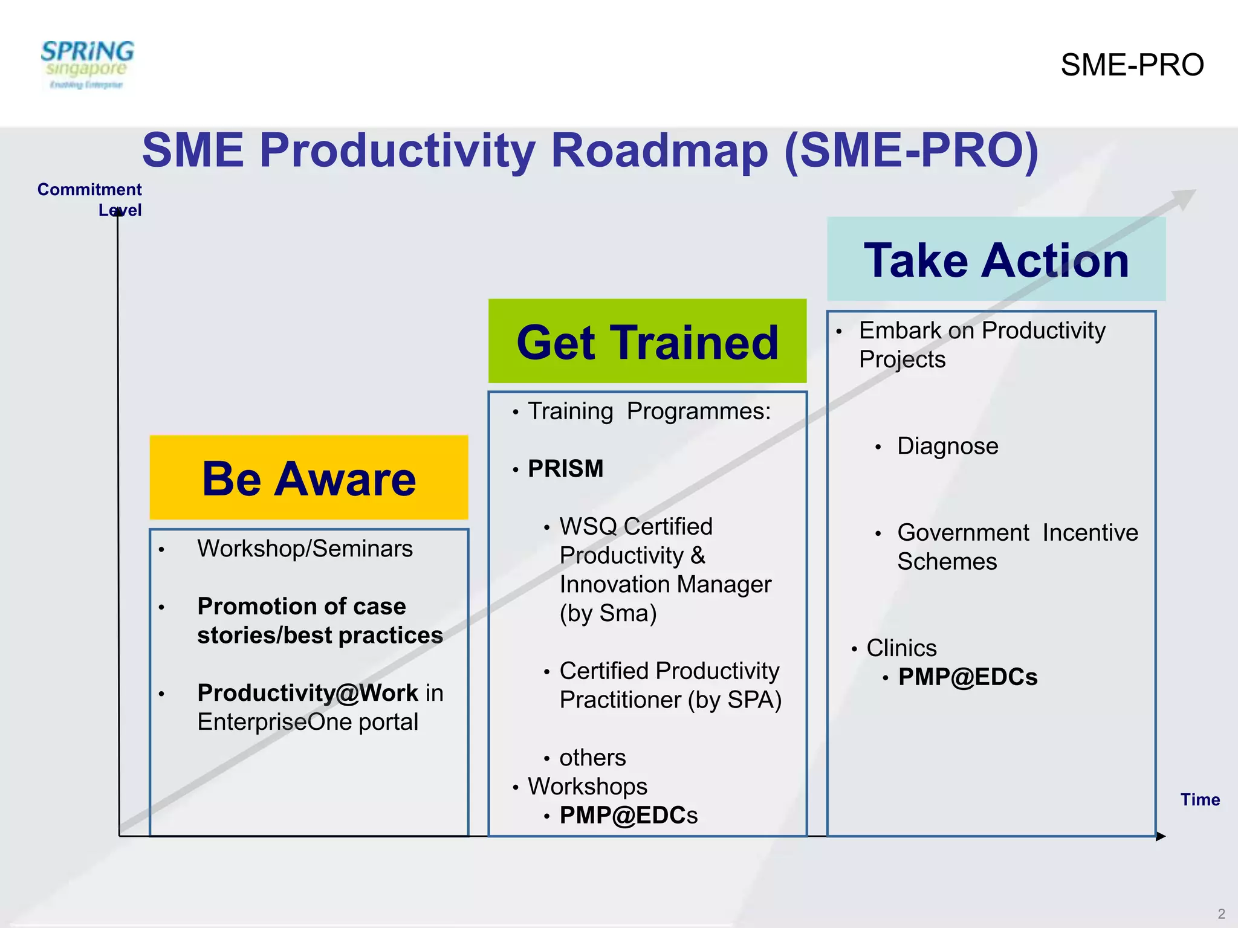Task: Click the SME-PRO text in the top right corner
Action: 1132,65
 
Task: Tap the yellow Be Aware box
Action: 309,477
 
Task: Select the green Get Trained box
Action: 647,341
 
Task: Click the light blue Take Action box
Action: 996,260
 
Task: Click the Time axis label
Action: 1200,800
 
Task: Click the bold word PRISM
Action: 566,469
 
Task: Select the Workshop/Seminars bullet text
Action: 305,549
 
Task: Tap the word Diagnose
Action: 947,446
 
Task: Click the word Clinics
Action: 901,648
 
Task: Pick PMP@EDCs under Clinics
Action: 968,677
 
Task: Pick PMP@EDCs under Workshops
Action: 628,816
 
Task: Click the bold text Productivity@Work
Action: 308,693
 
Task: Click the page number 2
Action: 1221,913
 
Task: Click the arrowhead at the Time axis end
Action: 1161,837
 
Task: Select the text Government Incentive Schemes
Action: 1017,547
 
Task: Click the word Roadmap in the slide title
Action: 659,151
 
